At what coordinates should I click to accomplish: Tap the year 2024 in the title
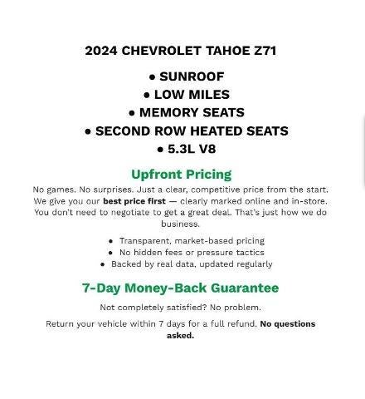(101, 51)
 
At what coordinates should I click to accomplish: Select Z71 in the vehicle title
(265, 51)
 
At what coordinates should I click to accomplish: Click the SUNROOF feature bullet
(191, 76)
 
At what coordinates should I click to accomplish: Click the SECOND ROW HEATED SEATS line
(191, 131)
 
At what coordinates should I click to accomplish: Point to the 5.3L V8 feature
(191, 150)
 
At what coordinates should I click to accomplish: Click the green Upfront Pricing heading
(181, 175)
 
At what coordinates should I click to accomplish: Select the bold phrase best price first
(134, 201)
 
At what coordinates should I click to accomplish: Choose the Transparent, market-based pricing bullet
(192, 241)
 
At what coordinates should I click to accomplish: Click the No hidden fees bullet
(192, 253)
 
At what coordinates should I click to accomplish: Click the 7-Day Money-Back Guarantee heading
(180, 288)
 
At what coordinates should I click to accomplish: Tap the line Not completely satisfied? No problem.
(181, 308)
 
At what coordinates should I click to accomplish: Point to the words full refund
(235, 324)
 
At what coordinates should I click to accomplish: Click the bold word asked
(180, 336)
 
